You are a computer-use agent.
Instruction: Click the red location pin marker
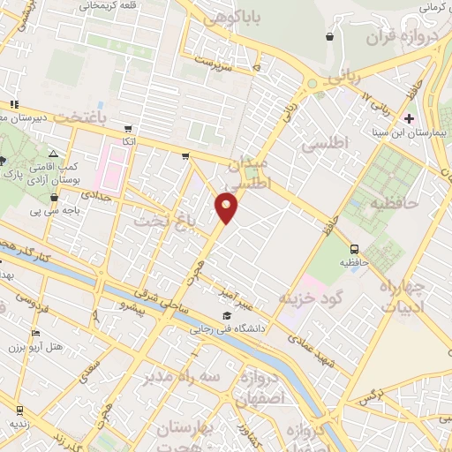[227, 207]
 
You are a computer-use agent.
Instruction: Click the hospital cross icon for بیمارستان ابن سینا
[408, 117]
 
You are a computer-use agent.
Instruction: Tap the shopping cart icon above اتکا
[129, 128]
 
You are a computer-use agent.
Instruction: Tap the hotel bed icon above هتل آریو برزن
[35, 333]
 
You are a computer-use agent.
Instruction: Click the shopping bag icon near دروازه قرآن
[329, 37]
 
